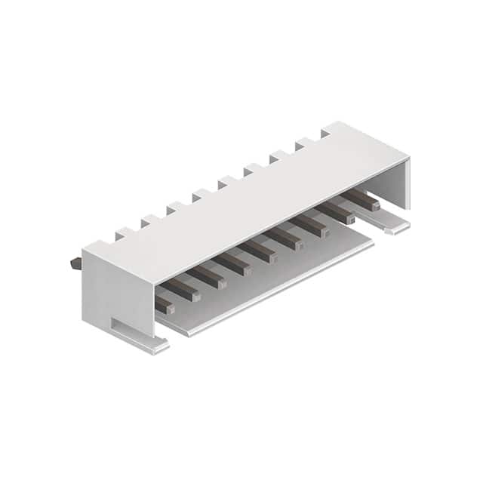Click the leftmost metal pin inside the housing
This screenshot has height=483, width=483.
pyautogui.click(x=165, y=305)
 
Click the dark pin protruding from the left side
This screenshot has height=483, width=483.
pyautogui.click(x=75, y=263)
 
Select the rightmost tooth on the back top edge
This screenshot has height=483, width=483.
pyautogui.click(x=326, y=133)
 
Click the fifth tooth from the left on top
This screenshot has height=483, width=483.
pyautogui.click(x=226, y=182)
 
